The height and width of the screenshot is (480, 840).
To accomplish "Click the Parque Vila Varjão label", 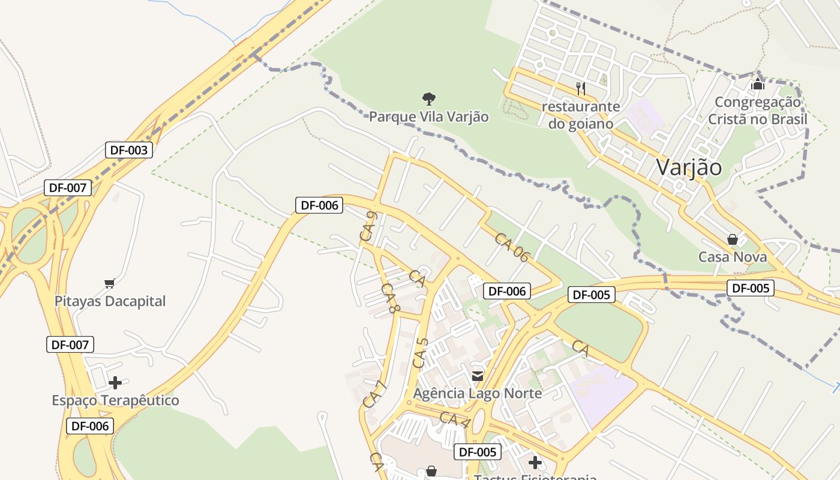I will [x=428, y=116].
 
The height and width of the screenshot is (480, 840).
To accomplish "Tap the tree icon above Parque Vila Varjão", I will [x=428, y=98].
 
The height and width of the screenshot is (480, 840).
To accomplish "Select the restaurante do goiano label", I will [x=580, y=115].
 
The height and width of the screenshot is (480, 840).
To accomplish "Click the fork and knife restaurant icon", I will [x=580, y=89].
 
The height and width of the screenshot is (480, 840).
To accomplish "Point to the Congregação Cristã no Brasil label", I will [x=758, y=110].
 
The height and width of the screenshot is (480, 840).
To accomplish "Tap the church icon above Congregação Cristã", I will [x=758, y=84].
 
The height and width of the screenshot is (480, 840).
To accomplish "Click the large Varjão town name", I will [x=689, y=167].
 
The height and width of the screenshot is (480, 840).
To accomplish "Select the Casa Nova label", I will [x=732, y=257].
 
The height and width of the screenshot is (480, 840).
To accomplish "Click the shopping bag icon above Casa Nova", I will [x=732, y=240].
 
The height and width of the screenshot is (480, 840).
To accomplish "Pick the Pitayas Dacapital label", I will [x=110, y=301].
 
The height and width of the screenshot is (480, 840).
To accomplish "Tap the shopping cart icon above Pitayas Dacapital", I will [x=109, y=283].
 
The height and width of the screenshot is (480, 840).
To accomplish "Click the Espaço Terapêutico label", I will [x=115, y=400].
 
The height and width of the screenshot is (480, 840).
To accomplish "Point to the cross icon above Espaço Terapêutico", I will [x=115, y=382].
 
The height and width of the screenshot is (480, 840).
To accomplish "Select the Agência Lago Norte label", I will [x=477, y=394].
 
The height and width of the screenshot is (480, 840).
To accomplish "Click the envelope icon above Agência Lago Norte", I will [x=478, y=376].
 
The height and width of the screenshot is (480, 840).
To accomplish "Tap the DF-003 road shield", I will [x=128, y=150].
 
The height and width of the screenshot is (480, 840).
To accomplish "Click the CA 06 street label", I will [x=512, y=247].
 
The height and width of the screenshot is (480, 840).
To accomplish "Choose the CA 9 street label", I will [x=368, y=227].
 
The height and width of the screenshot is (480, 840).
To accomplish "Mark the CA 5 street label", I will [x=420, y=353].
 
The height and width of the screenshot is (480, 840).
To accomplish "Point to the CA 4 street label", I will [x=454, y=419].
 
